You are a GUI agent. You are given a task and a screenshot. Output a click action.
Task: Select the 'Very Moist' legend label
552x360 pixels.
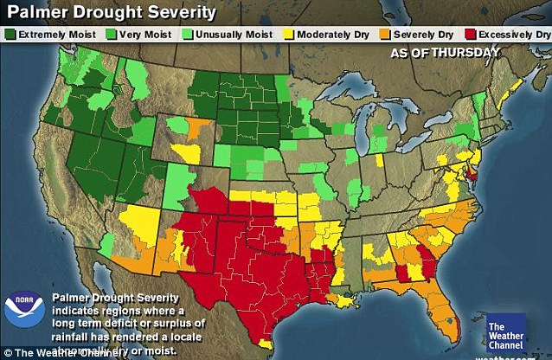(144, 35)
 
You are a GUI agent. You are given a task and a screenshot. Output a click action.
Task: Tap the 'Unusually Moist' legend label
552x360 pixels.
(233, 35)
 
